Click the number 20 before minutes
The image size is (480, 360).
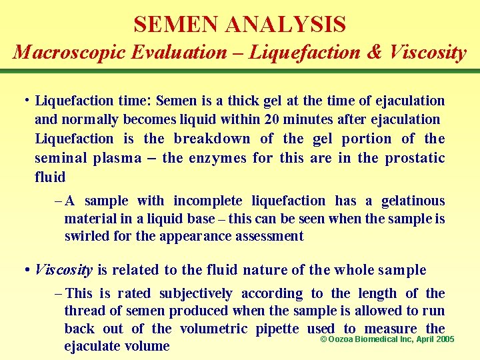[290, 119]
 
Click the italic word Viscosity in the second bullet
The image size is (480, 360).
[63, 270]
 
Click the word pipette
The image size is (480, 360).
[281, 329]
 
